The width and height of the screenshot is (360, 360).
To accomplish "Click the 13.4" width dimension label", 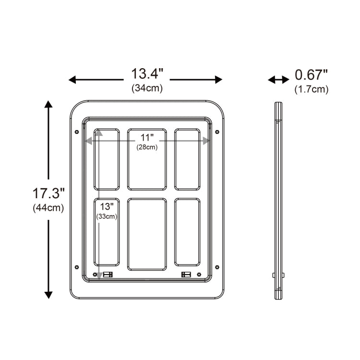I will tap(147, 74).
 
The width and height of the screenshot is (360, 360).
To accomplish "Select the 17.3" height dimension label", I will tap(48, 194).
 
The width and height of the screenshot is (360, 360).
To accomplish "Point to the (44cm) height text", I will tap(48, 208).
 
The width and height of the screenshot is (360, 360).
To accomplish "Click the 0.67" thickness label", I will tap(311, 75).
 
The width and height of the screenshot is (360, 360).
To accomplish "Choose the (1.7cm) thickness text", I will tap(311, 89).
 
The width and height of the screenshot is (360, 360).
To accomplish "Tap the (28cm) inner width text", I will tap(146, 147).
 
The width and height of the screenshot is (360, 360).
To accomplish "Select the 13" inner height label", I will tap(107, 206).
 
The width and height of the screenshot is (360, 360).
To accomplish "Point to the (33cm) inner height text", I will tap(107, 216).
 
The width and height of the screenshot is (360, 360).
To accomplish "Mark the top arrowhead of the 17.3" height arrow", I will tap(48, 104).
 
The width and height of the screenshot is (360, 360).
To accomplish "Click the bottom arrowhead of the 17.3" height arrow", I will tap(48, 295).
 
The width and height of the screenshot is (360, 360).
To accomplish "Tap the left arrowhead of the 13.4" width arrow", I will tap(72, 80).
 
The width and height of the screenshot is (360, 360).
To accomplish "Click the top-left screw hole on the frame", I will tap(76, 132).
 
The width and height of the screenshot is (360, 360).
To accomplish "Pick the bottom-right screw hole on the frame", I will tap(217, 266).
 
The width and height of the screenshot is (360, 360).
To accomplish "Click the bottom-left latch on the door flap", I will tap(108, 275).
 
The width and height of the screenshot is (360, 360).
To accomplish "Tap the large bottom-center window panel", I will tap(147, 234).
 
